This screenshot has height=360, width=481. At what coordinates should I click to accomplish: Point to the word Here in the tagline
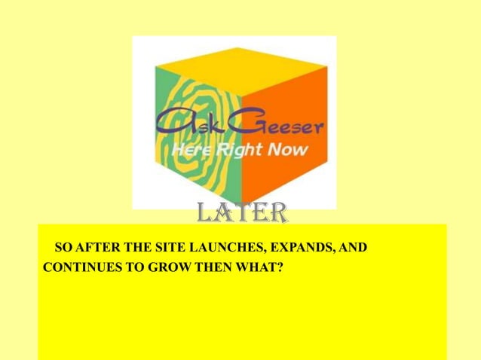point(189,150)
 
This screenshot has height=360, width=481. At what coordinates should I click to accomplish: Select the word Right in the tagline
point(237,150)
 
